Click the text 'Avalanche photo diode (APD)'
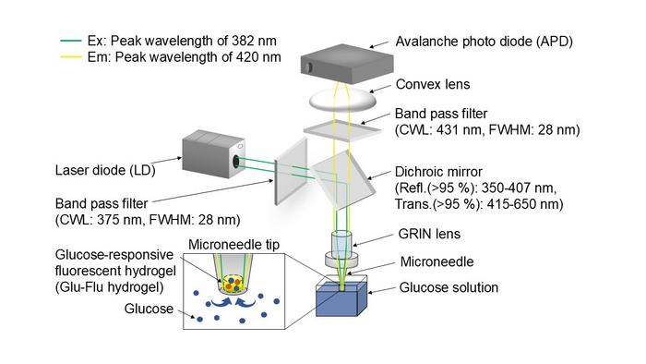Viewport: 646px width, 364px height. tap(484, 42)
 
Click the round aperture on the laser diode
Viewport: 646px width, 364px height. tap(239, 161)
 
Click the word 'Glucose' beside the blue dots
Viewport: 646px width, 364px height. tap(147, 309)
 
